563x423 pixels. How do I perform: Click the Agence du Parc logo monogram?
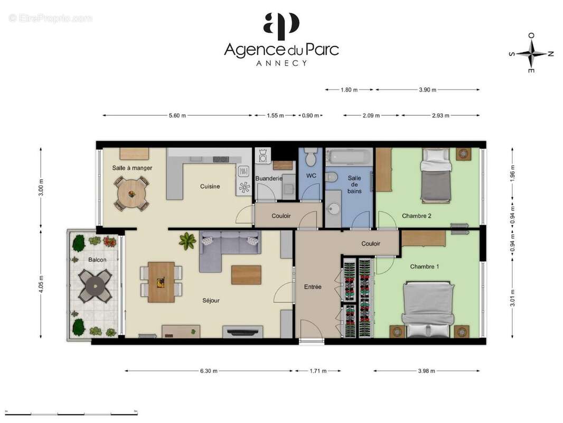pos(281,26)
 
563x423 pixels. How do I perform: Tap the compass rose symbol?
pos(531,53)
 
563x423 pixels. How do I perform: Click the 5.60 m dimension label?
pos(177,115)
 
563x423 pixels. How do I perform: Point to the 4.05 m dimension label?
pos(41,284)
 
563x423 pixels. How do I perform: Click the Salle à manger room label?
pos(132,168)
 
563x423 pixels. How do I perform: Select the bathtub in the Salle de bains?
pos(348,157)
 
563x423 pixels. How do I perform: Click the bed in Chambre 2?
pos(436,174)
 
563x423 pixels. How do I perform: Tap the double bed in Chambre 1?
pos(428,309)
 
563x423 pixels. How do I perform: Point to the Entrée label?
pos(313,287)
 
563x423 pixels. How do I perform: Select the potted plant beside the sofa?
pos(187,241)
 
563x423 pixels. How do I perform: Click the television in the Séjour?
pos(242,332)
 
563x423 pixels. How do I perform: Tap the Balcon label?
pos(97,260)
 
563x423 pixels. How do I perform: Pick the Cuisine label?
pos(210,186)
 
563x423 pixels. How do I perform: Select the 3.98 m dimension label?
pos(426,371)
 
